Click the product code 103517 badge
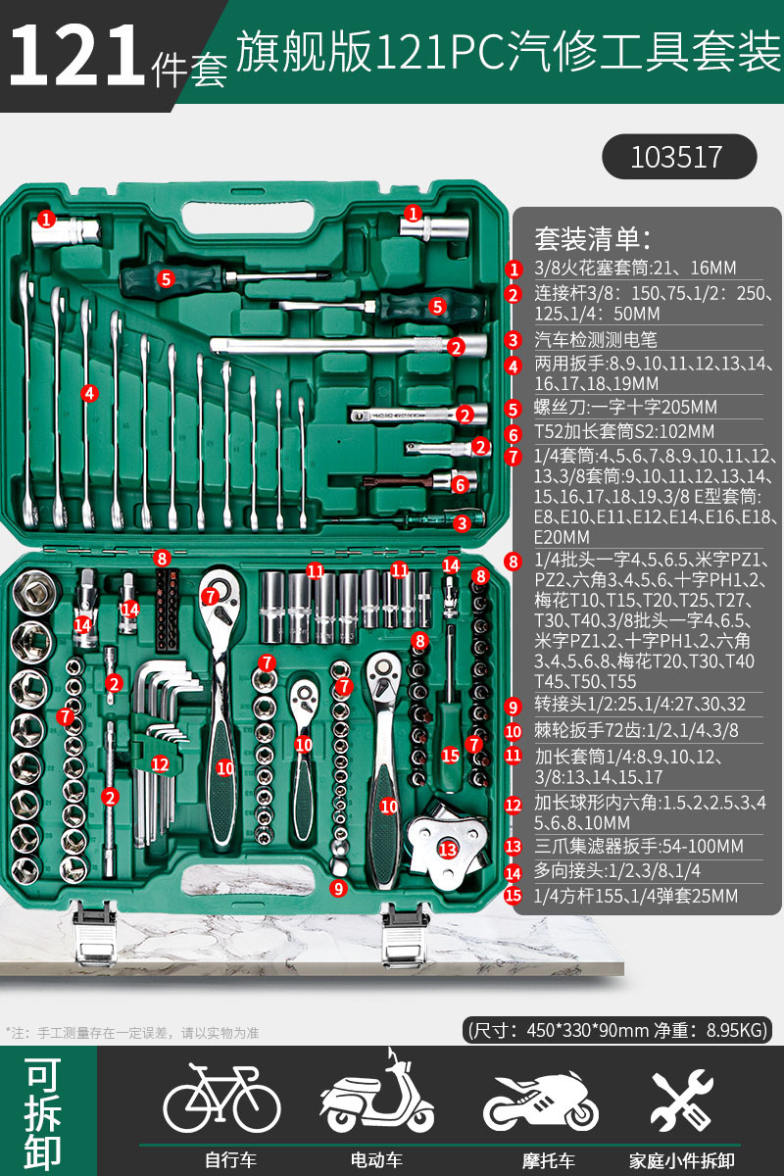pyautogui.click(x=678, y=157)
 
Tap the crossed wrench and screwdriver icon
pyautogui.click(x=682, y=1099)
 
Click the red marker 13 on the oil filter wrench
pyautogui.click(x=448, y=849)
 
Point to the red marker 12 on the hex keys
pyautogui.click(x=160, y=763)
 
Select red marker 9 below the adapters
pyautogui.click(x=338, y=889)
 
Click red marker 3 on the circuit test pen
pyautogui.click(x=461, y=523)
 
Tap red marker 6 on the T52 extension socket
pyautogui.click(x=460, y=483)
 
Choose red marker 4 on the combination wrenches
pyautogui.click(x=89, y=393)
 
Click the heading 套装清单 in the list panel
pyautogui.click(x=592, y=238)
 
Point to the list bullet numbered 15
pyautogui.click(x=514, y=895)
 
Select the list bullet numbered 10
pyautogui.click(x=514, y=730)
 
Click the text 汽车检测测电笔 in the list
pyautogui.click(x=594, y=340)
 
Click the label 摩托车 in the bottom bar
pyautogui.click(x=547, y=1160)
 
